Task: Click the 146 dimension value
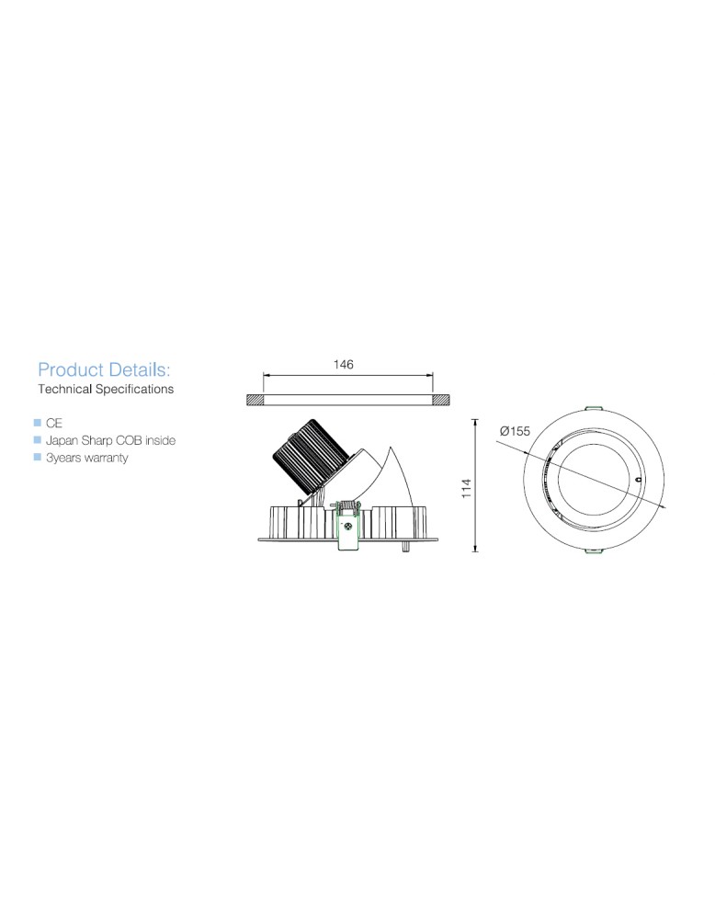point(344,365)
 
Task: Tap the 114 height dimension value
point(467,488)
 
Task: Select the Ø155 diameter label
point(516,431)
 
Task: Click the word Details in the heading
point(140,369)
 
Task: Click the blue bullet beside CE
point(38,423)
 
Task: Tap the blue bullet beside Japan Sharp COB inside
point(38,439)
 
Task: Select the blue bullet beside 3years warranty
point(38,457)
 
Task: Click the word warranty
point(106,458)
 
